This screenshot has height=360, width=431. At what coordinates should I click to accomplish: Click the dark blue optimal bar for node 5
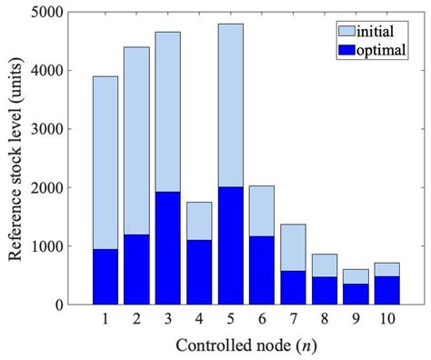230,245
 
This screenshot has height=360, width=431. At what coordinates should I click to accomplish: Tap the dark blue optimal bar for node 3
167,247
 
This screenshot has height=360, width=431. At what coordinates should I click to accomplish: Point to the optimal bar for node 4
198,272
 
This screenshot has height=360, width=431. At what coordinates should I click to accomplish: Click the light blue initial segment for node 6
261,210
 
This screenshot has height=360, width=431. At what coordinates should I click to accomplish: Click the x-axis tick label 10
386,319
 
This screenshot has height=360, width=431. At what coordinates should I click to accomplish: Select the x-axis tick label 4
198,319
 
